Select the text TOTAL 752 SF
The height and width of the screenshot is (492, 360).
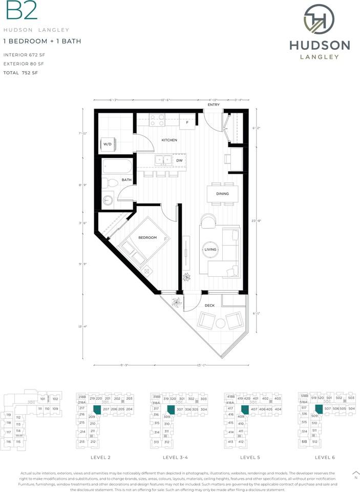point(20,73)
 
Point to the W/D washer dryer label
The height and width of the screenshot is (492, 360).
point(108,145)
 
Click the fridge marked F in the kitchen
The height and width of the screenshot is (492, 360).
point(187,123)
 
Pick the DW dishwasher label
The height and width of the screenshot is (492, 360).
point(179,160)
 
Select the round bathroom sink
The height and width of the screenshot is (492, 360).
point(108,200)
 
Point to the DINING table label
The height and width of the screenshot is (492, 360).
point(222,194)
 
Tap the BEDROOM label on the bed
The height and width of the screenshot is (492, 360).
point(147,238)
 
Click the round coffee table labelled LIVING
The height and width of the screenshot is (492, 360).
point(211,250)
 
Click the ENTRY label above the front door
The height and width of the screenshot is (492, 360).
point(214,105)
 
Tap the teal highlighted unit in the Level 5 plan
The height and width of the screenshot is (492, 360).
point(244,409)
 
